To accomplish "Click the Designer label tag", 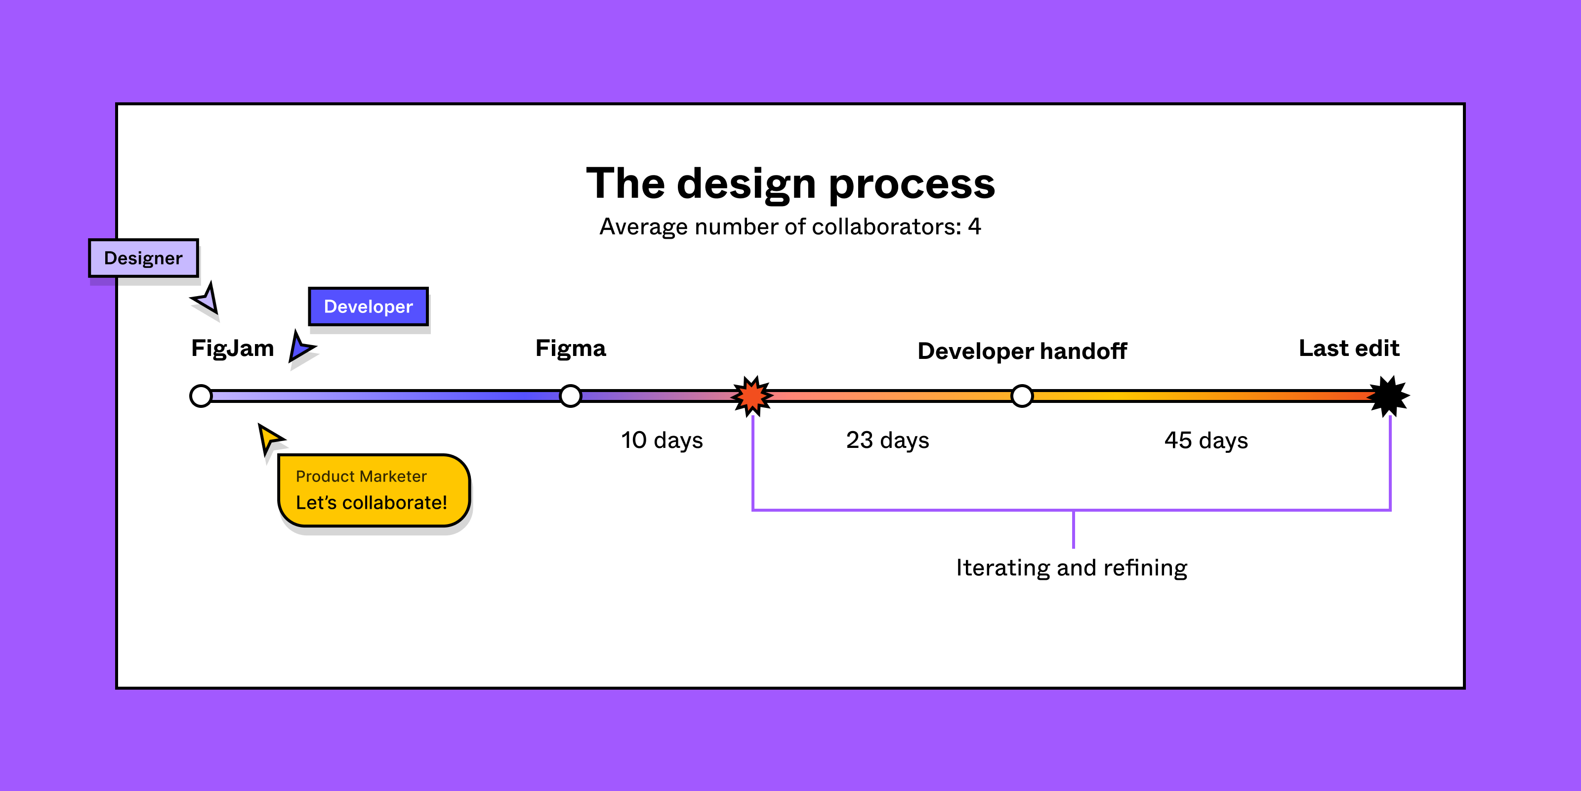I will point(143,258).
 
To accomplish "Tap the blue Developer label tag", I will point(368,307).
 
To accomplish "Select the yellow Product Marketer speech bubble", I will point(373,490).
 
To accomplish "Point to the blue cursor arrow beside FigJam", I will point(301,348).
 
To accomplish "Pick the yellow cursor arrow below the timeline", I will point(269,438).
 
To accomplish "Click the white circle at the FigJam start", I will point(201,396).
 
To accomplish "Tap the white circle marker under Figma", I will point(571,396).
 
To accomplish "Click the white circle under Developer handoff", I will point(1022,396).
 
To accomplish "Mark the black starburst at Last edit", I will point(1389,396).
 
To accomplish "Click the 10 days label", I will point(662,440).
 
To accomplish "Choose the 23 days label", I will point(887,440).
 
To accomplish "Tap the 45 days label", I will point(1206,440).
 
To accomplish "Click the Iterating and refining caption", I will point(1072,568).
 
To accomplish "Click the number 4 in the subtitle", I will point(975,226).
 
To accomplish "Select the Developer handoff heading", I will point(1022,351).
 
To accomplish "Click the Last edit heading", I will point(1349,348).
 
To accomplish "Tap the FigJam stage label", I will point(233,348).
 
